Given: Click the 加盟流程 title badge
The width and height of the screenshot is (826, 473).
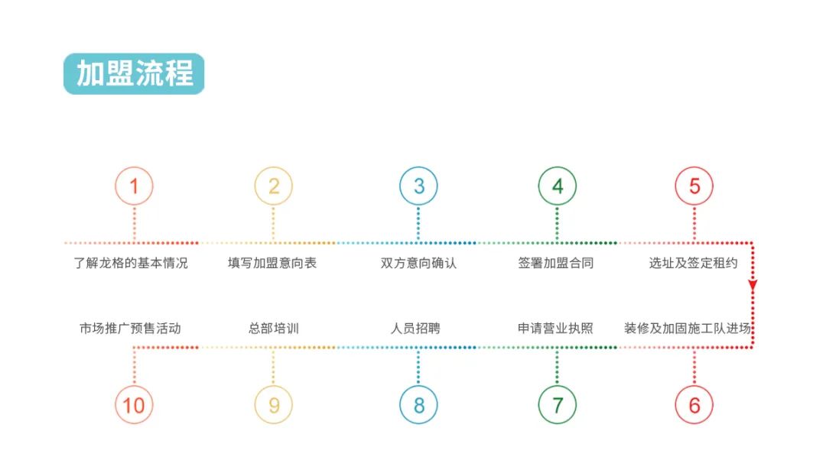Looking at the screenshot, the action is pos(134,73).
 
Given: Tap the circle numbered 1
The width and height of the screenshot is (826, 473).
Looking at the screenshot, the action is pos(134,168).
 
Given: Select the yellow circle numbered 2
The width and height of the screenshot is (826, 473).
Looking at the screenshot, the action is pos(273,168).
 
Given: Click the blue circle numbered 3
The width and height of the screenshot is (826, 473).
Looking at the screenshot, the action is pos(418,168).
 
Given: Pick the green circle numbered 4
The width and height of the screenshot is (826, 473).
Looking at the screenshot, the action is pos(558,168).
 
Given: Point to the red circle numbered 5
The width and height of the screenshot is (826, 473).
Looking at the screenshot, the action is pos(694,168).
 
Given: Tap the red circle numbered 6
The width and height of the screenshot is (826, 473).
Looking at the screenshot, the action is pos(694,387).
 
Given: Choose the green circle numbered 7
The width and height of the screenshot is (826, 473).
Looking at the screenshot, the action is pos(558,387).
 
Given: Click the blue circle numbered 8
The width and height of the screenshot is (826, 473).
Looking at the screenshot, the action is pos(418,387).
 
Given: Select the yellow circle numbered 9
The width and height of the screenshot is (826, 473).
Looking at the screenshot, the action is pos(273,387).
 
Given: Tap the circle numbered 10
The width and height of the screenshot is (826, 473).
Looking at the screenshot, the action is pos(134,387).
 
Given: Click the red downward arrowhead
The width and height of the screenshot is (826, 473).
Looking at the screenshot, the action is pos(753,285).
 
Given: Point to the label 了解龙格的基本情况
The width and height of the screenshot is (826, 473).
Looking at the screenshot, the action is pos(131,263).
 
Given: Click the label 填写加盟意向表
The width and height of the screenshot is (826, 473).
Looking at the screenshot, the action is pos(272,263).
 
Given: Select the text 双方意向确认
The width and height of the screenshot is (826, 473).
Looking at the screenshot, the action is pos(419,263).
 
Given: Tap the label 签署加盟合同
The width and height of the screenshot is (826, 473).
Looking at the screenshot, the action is pos(556,263).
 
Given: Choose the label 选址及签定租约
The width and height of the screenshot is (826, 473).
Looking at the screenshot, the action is pos(693,263).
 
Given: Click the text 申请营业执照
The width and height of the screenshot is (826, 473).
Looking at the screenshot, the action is pos(556,329).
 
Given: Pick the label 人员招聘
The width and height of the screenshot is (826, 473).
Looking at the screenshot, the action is pos(415,329).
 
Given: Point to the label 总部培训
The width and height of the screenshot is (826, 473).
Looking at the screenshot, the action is pos(274,329).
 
